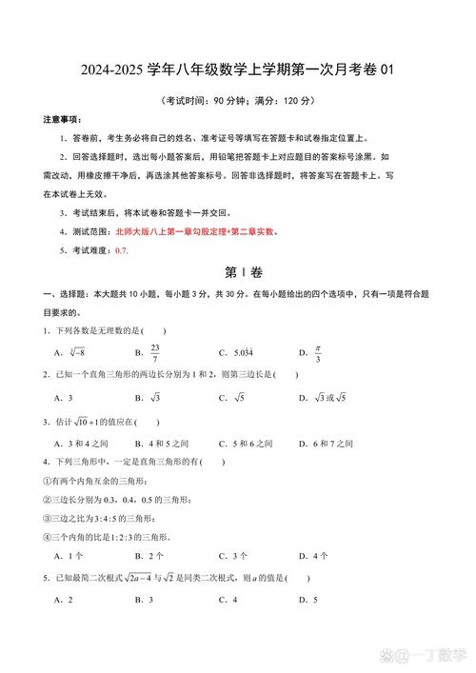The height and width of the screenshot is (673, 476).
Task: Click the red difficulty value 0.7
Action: click(121, 249)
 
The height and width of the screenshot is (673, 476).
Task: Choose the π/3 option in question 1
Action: click(318, 352)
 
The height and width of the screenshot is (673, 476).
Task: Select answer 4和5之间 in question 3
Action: click(163, 443)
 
